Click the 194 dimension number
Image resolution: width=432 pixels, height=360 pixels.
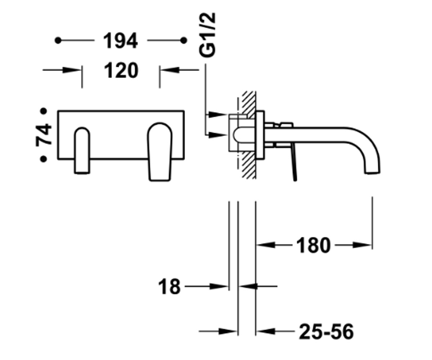(120, 41)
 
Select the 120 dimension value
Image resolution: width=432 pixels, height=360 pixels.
(121, 70)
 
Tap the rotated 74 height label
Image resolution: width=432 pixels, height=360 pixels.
(44, 135)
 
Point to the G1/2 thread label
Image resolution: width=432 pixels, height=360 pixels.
(207, 35)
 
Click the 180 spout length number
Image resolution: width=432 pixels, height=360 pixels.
(314, 246)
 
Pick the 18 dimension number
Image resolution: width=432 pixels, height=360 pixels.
(169, 287)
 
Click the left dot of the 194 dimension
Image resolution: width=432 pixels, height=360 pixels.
(58, 40)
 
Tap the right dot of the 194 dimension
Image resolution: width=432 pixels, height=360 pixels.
(184, 40)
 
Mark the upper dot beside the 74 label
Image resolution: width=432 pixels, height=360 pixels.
(44, 111)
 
